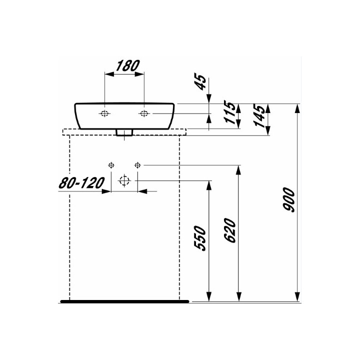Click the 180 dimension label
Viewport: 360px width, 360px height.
(x=127, y=65)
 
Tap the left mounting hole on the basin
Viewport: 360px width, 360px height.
(x=104, y=113)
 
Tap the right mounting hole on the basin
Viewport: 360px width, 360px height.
(x=144, y=113)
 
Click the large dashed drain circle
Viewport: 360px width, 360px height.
(x=124, y=180)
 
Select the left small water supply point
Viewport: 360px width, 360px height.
(x=111, y=164)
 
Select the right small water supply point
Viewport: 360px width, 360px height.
(x=137, y=164)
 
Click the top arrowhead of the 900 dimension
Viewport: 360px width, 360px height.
(x=298, y=107)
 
